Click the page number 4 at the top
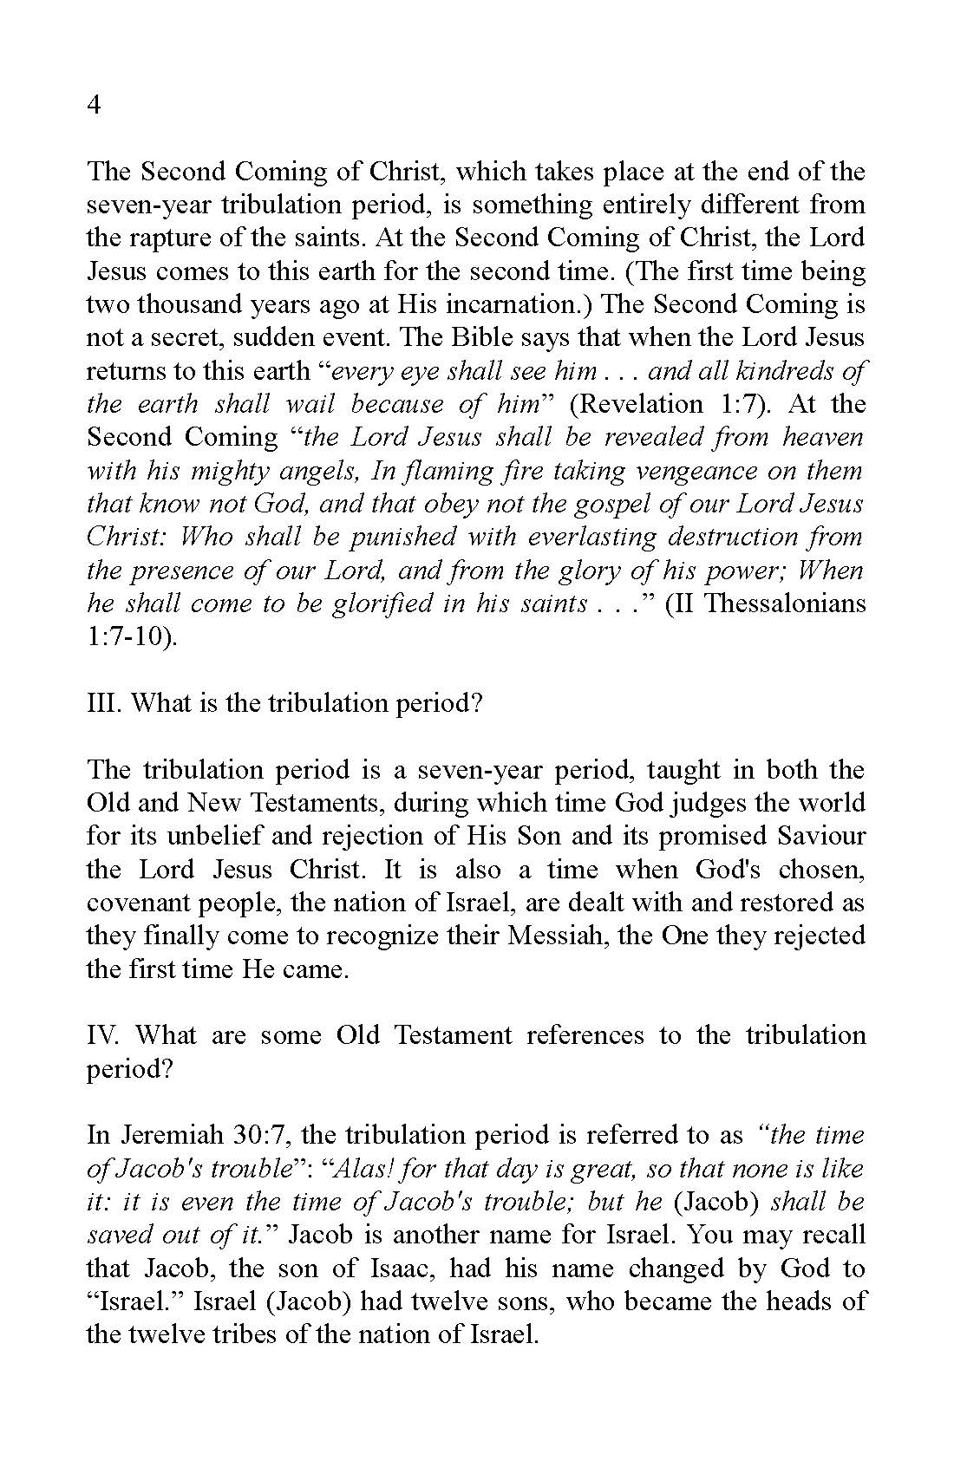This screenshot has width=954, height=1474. point(95,105)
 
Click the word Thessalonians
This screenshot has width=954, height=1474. point(784,603)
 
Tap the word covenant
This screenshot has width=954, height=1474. point(140,903)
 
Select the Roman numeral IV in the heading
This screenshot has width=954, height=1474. point(105,1035)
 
